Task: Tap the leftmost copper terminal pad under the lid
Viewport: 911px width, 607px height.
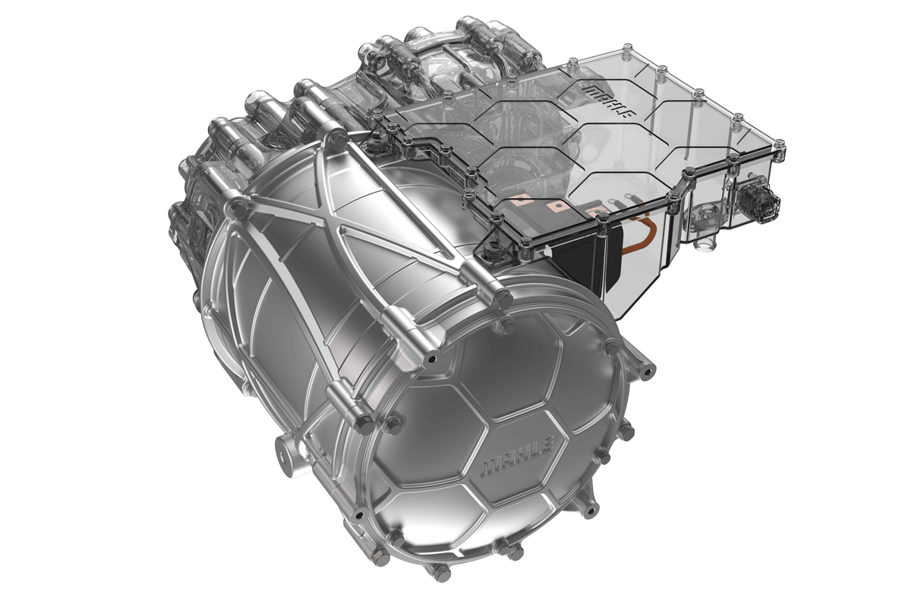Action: pyautogui.click(x=522, y=203)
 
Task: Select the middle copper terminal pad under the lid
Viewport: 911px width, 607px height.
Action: pyautogui.click(x=560, y=206)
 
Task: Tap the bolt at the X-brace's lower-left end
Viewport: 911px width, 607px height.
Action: pyautogui.click(x=236, y=204)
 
